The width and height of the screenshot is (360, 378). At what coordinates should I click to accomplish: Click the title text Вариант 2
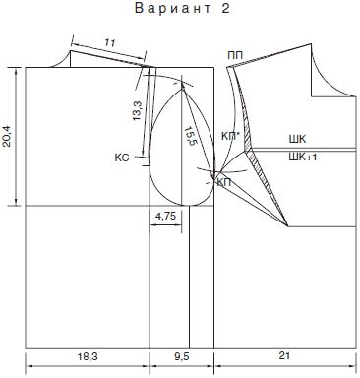pos(183,9)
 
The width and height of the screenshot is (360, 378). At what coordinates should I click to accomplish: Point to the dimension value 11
pos(110,42)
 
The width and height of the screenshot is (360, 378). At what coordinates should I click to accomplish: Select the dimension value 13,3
pos(138,110)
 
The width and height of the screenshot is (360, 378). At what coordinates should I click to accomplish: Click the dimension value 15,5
pos(189,136)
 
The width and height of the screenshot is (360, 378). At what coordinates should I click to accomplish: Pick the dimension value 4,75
pos(166,216)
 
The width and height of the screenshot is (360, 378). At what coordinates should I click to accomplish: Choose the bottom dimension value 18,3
pos(88,356)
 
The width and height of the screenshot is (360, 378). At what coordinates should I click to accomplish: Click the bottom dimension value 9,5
pos(182,356)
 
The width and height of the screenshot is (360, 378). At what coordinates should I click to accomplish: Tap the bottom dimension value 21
pos(284,355)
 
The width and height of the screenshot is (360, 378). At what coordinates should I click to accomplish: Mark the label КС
pos(122,157)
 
